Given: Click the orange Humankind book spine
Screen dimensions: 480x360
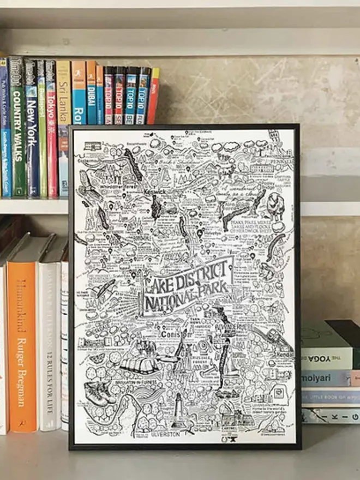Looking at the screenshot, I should coord(22,338).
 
